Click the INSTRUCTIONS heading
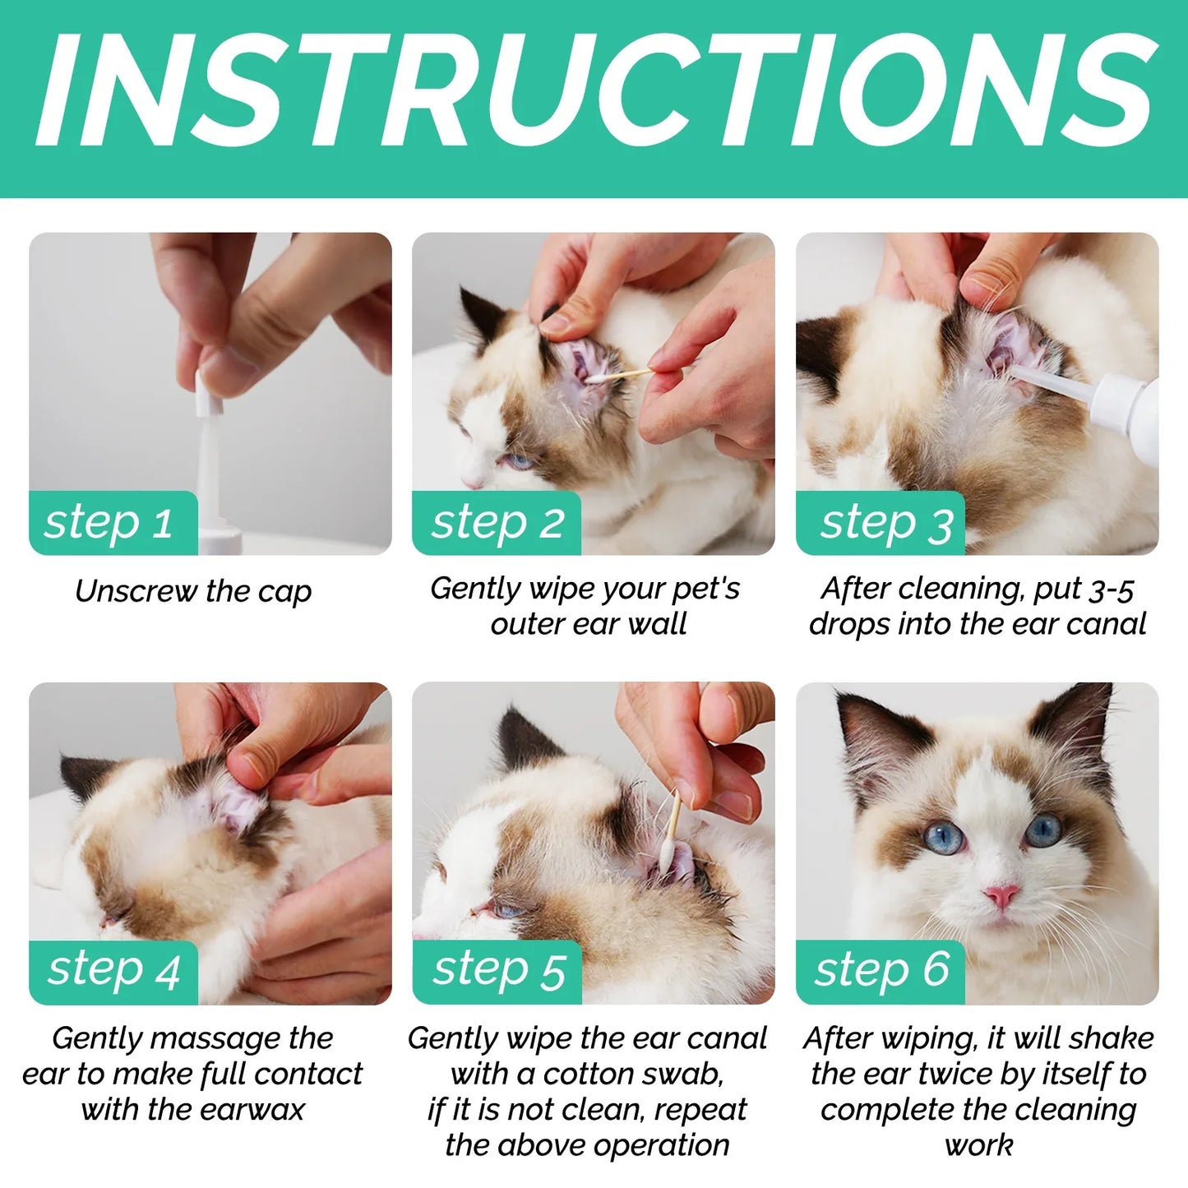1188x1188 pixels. (594, 92)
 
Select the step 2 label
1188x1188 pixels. (497, 523)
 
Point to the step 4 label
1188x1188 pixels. (113, 970)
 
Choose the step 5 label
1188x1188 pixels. (499, 970)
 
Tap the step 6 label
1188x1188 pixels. (882, 970)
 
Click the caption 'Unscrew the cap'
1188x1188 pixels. (193, 591)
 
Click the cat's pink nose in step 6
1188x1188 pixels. (1001, 895)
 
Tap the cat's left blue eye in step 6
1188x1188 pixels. (941, 837)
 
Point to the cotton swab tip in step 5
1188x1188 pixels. (666, 855)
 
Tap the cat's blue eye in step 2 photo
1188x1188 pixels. (518, 461)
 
